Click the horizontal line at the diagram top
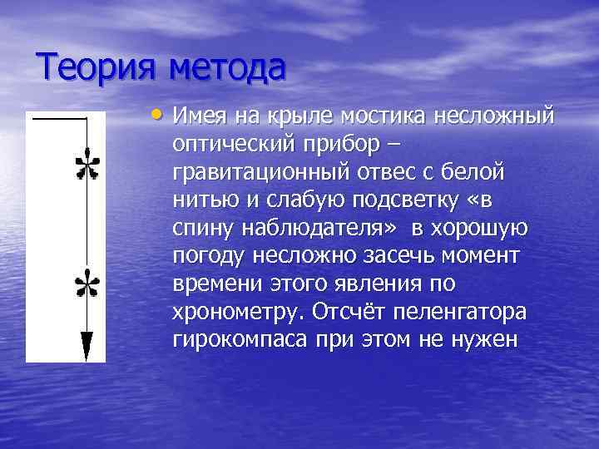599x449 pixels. [59, 119]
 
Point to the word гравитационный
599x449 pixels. [254, 173]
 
